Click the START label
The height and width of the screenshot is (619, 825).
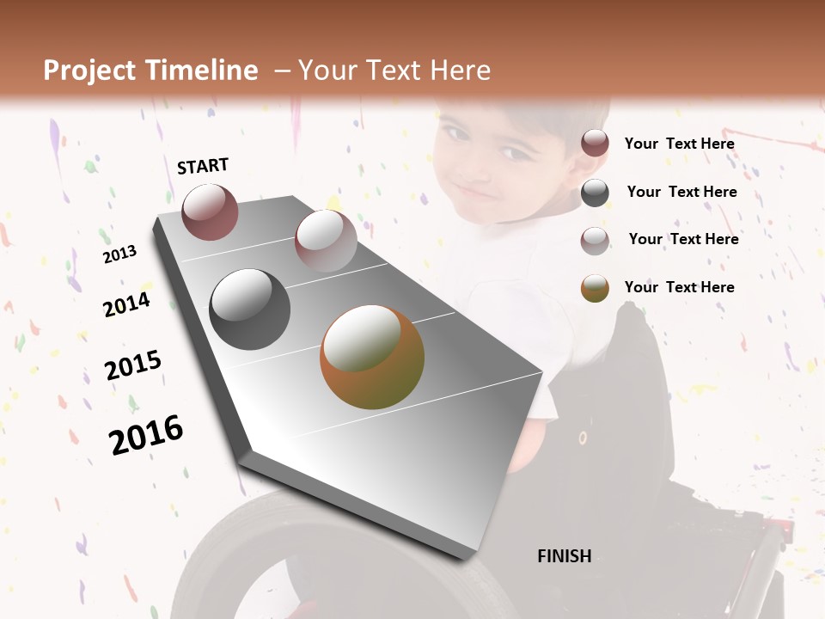point(203,166)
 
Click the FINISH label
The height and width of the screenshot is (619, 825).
point(564,556)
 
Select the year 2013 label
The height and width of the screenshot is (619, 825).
point(119,254)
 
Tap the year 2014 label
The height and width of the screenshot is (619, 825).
point(126,304)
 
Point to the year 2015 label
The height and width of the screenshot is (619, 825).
point(133,365)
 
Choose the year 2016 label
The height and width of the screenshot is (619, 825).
point(146,434)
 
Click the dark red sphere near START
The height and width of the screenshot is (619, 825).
point(210,211)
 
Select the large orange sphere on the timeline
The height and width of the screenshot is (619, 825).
point(372,357)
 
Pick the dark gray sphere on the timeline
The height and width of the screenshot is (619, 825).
point(250,309)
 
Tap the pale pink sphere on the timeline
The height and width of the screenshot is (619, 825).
point(326,240)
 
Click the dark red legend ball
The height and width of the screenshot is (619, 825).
point(595,143)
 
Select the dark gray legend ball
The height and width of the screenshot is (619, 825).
point(595,193)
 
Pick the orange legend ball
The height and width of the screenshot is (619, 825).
point(595,288)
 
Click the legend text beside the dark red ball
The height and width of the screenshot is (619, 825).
point(679,144)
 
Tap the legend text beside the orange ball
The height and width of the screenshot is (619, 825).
point(679,287)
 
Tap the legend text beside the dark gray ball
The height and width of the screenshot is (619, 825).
point(681,192)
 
